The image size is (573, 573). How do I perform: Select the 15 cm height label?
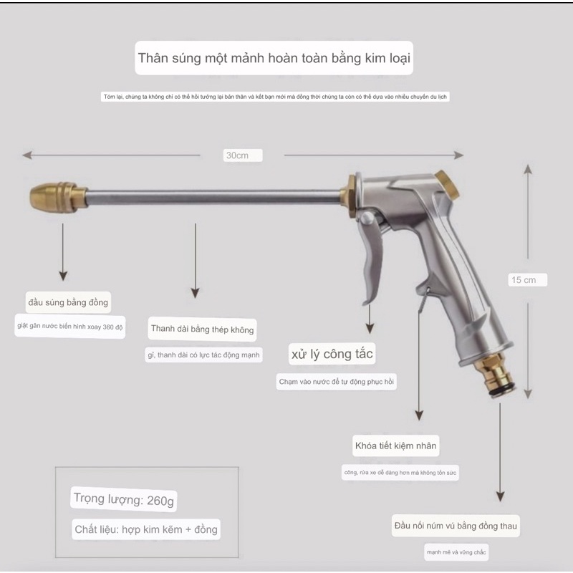point(524,280)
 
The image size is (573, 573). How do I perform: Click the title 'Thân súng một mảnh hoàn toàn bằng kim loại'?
point(275,58)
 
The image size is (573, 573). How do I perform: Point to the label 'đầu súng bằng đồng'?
point(68,302)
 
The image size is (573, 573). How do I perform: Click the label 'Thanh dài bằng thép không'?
point(203,329)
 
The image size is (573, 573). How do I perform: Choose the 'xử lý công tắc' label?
point(332,354)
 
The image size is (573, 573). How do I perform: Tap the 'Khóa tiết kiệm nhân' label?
point(395,446)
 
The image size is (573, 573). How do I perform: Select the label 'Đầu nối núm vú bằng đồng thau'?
point(456,526)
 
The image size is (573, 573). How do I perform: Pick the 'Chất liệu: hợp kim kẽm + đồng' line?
point(146,529)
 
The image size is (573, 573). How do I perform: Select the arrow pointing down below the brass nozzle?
point(63,251)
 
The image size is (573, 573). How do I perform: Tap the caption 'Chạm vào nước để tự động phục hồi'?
point(337,382)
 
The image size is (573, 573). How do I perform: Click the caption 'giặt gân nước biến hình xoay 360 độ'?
point(71,327)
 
